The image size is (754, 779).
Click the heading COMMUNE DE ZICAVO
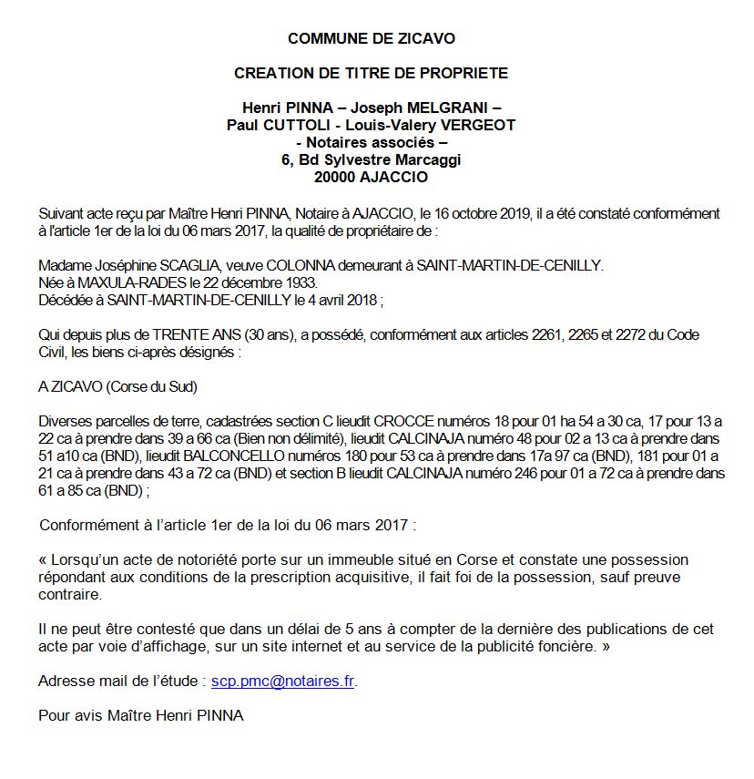(x=371, y=38)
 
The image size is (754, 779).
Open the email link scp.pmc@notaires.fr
(x=282, y=681)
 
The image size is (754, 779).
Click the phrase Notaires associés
(x=372, y=142)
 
